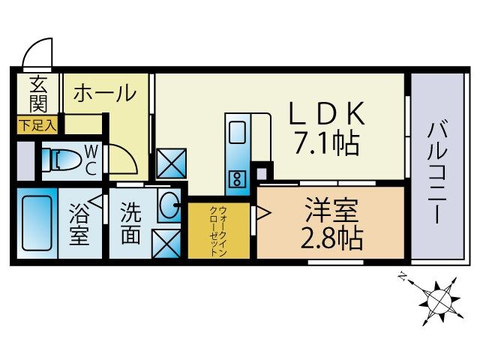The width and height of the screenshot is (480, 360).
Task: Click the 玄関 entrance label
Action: [x=37, y=93]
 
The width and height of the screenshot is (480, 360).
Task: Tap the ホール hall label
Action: [x=105, y=94]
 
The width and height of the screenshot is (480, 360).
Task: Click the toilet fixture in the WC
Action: [x=60, y=159]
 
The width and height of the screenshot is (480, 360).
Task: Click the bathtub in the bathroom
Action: [x=34, y=224]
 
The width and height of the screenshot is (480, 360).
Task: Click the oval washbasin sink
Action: [x=169, y=202]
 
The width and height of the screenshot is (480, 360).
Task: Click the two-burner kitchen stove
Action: [x=237, y=179]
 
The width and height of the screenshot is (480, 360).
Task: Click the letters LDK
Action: [x=328, y=112]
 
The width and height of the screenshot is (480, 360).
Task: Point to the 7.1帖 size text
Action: [x=328, y=141]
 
